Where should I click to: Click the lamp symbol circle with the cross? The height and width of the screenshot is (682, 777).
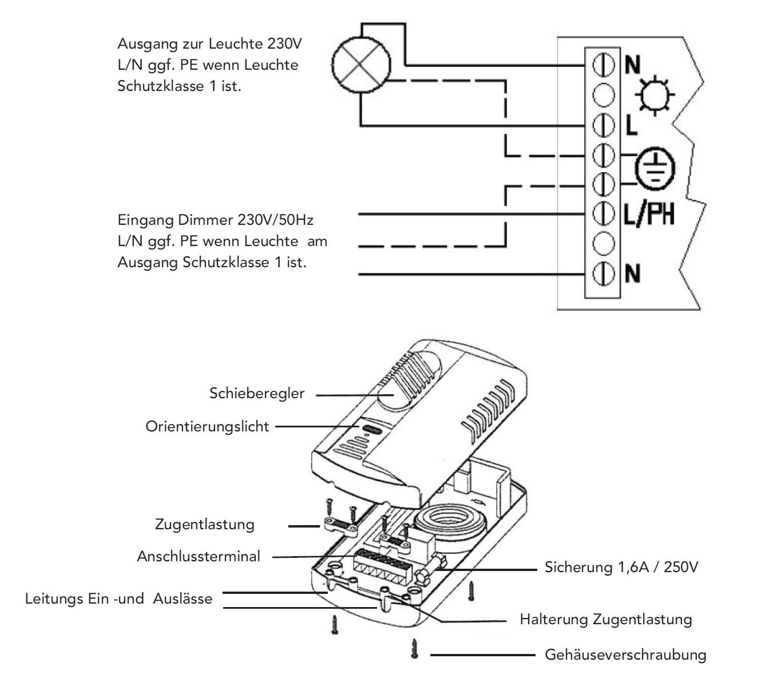pos(361,64)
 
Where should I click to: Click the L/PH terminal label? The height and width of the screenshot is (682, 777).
pos(648,214)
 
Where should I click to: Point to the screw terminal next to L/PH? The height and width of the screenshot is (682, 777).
pos(602,214)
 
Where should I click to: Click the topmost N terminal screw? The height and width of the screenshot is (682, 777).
pos(602,64)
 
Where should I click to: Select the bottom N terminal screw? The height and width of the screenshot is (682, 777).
pos(602,274)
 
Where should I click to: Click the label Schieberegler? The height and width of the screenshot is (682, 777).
pos(257,394)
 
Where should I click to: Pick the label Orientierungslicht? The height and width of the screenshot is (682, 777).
pos(207,427)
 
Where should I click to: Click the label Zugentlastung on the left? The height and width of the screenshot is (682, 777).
pos(204,525)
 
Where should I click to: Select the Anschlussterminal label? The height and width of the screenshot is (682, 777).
pos(199,556)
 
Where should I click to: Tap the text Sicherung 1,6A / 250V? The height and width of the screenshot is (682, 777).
pos(621,568)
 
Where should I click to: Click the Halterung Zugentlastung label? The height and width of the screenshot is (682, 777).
pos(605,620)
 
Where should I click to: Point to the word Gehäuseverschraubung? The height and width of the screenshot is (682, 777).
pos(625,655)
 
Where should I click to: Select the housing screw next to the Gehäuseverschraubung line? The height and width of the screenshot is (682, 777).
pos(414,649)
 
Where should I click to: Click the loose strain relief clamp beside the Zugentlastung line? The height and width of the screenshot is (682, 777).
pos(339,525)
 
